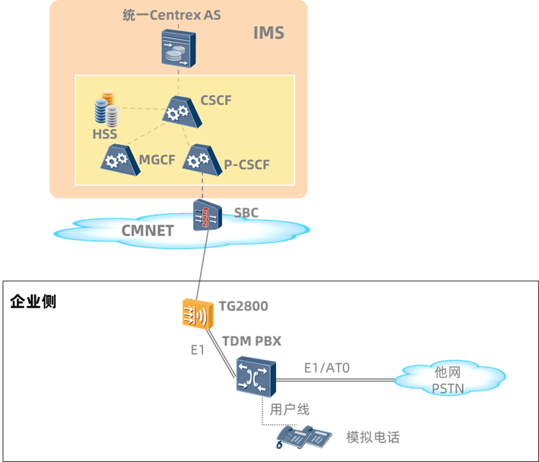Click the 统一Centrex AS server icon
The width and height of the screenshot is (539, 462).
click(178, 46)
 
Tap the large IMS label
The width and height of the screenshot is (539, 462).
click(268, 33)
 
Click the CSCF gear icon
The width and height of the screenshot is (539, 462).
click(178, 113)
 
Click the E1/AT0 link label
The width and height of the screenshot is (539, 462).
click(327, 368)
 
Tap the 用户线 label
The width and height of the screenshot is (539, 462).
click(290, 409)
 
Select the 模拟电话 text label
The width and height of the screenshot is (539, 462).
click(373, 438)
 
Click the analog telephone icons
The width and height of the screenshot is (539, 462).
click(305, 437)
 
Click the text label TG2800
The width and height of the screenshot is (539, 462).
click(243, 306)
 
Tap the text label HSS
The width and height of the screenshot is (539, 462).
click(106, 134)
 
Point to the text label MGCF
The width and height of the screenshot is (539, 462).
click(158, 160)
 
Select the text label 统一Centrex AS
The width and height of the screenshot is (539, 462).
click(172, 15)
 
